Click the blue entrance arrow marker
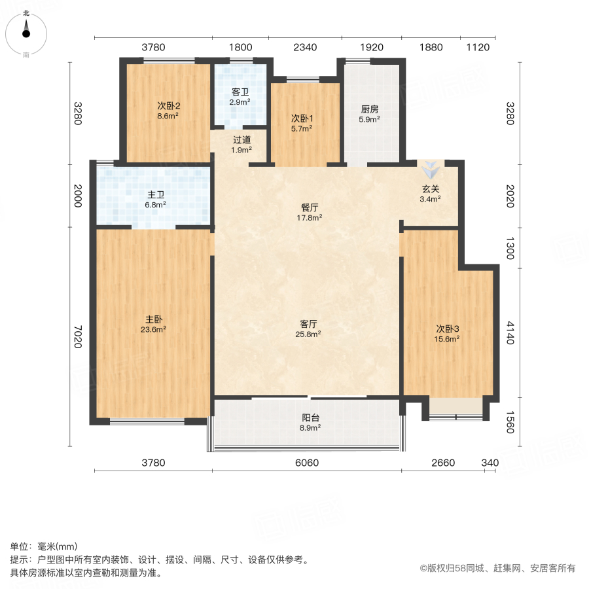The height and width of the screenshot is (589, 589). [x=430, y=170]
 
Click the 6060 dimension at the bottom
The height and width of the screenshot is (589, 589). [x=306, y=463]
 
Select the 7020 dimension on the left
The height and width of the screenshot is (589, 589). [x=77, y=336]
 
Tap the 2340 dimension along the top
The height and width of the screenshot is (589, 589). [x=305, y=47]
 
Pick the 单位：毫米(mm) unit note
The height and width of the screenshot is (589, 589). [x=43, y=547]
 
